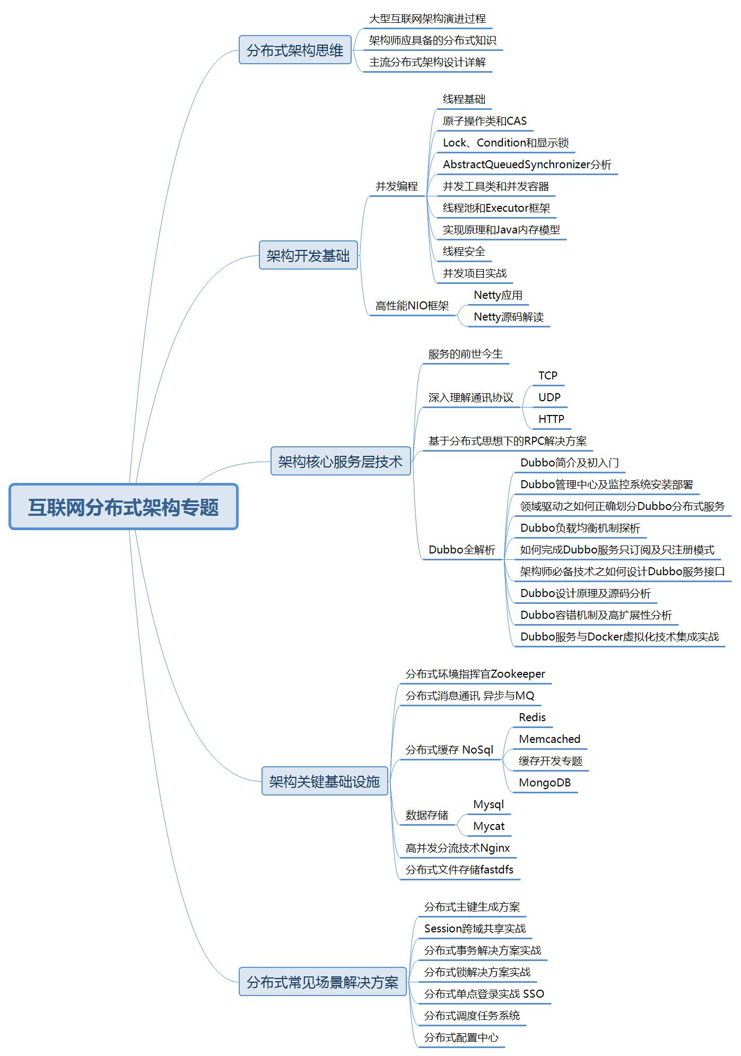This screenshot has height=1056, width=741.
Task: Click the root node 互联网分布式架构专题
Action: tap(124, 507)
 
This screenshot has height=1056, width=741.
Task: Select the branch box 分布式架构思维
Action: tap(295, 50)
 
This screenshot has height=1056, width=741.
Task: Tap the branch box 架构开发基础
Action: tap(308, 255)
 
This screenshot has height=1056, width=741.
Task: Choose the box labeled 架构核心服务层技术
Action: tap(341, 461)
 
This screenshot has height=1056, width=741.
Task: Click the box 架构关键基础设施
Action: tap(325, 781)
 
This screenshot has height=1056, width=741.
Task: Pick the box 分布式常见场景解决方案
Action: tap(322, 982)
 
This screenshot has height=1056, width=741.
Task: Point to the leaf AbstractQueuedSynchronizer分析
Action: tap(527, 165)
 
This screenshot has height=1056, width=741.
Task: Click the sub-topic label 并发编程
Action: tap(397, 186)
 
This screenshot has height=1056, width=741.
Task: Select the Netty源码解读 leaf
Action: tap(508, 317)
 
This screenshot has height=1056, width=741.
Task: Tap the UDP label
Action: tap(549, 397)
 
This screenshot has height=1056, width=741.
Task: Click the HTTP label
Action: tap(551, 419)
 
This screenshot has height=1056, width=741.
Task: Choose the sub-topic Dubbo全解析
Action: tap(461, 550)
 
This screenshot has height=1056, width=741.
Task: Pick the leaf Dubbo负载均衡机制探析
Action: tap(580, 528)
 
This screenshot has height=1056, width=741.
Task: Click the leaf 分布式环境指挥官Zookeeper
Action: tap(475, 674)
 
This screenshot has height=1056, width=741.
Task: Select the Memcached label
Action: tap(550, 739)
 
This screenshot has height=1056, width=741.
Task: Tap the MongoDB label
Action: tap(545, 782)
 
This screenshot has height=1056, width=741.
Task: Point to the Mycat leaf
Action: tap(489, 826)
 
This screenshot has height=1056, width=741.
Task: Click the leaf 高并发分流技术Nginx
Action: tap(457, 848)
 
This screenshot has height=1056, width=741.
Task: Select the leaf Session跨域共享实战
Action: tap(475, 929)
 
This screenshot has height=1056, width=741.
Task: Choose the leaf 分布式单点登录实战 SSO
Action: tap(484, 993)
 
